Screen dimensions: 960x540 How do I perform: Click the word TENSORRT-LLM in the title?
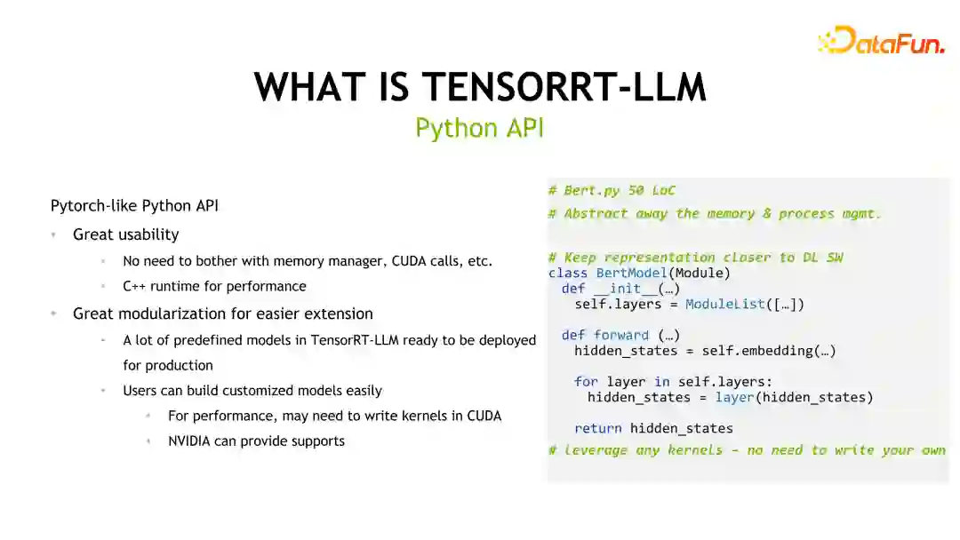pos(564,87)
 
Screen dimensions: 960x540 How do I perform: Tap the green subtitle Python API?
pos(479,128)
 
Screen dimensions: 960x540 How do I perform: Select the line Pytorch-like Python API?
pos(134,205)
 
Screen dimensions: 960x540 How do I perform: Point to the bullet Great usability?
pos(125,234)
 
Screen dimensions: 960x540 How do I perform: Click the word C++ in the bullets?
pos(135,286)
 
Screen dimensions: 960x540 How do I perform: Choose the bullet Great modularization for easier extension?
pos(222,314)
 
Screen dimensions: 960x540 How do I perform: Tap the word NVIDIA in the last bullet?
pos(188,441)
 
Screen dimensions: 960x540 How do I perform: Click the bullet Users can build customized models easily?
pos(252,390)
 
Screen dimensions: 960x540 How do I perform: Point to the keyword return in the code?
pos(597,428)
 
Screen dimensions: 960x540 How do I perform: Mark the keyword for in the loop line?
pos(586,381)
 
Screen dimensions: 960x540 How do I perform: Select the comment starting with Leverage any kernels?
pos(747,450)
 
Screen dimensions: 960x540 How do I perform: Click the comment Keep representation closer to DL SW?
pos(695,258)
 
